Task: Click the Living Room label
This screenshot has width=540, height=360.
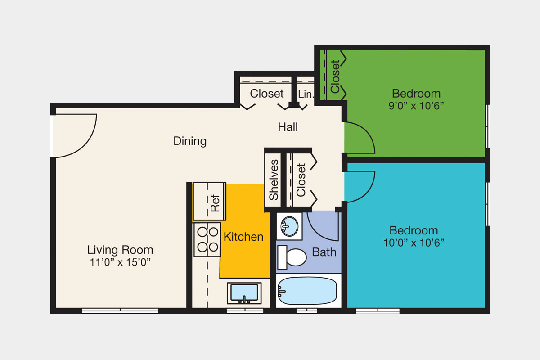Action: point(120,250)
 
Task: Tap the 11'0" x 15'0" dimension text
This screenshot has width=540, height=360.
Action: point(120,262)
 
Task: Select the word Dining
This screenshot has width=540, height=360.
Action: point(190,141)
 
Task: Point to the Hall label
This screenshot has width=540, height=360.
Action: point(288,127)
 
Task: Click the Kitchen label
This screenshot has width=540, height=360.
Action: point(243,237)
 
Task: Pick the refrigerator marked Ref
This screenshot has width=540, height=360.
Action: point(210,202)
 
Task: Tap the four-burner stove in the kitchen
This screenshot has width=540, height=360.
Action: point(207,239)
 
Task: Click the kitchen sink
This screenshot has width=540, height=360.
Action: point(244,293)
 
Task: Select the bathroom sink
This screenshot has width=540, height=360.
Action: point(289,226)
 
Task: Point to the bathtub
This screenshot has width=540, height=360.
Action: point(307,291)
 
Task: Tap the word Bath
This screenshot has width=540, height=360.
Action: point(324,252)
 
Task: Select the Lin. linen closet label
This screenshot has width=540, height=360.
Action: point(306,94)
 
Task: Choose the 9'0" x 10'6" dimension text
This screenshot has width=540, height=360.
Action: point(416,106)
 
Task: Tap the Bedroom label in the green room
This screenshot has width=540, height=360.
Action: point(416,94)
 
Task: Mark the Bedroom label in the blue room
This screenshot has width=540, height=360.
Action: point(414,230)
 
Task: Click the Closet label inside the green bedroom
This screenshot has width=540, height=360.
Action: point(335,76)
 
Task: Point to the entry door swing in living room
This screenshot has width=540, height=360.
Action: point(76,135)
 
